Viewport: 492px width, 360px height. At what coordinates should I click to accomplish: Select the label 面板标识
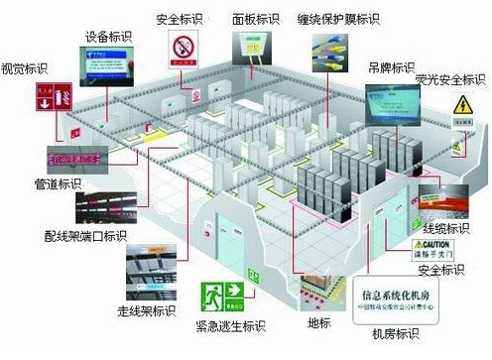(x=255, y=19)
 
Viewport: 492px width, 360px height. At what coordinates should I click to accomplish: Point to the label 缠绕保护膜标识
(x=339, y=19)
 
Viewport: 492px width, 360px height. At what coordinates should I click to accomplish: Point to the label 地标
(x=316, y=323)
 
